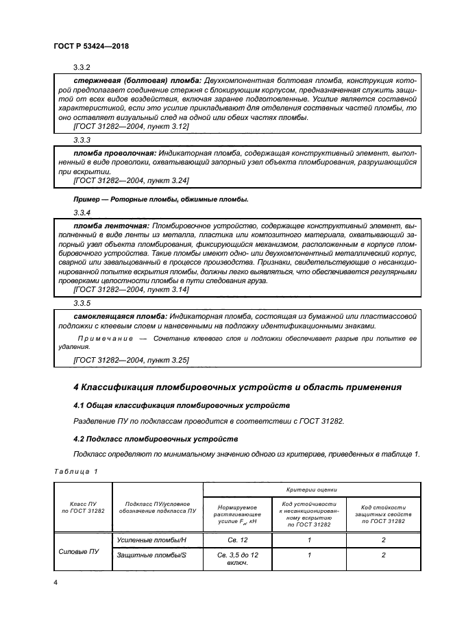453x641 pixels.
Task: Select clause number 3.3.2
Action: coord(82,67)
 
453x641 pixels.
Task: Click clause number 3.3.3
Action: coord(82,138)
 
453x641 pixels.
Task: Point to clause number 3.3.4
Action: coord(82,212)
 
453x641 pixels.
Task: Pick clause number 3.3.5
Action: coord(82,302)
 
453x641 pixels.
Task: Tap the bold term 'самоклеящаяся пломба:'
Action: coord(119,315)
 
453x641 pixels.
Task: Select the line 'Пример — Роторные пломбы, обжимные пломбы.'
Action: coord(160,199)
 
